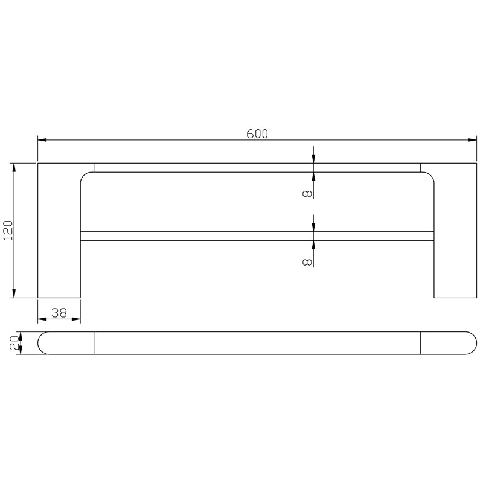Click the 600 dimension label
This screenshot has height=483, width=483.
257,134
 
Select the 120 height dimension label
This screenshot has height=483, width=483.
8,230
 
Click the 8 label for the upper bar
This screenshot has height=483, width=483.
307,193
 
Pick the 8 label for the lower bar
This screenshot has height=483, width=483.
307,261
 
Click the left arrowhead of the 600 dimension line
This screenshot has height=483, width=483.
42,141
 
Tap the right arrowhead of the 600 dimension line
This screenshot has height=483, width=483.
472,141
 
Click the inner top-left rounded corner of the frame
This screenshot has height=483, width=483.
85,177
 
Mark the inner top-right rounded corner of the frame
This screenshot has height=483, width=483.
429,177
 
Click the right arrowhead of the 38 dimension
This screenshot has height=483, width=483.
77,319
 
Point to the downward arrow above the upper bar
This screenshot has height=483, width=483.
313,159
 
